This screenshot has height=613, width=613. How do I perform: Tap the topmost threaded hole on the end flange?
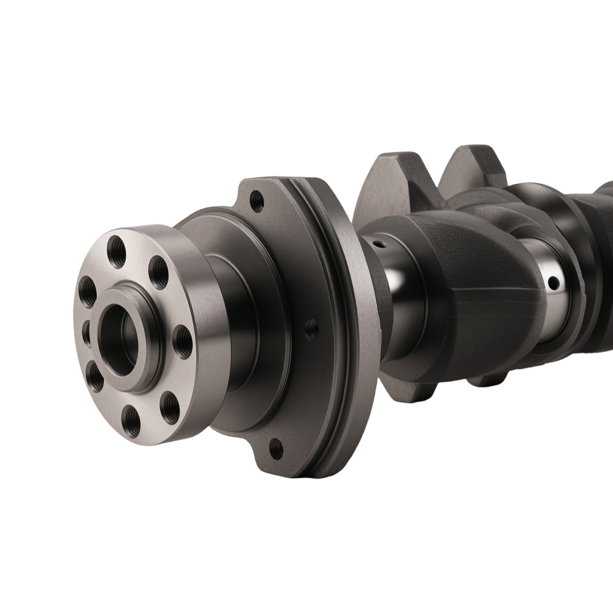pyautogui.click(x=116, y=248)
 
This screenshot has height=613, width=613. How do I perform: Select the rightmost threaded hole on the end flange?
pyautogui.click(x=183, y=342)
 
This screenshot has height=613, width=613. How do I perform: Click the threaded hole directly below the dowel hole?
pyautogui.click(x=95, y=377)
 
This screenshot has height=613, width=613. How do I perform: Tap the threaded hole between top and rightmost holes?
pyautogui.click(x=159, y=272)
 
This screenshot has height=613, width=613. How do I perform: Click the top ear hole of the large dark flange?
pyautogui.click(x=257, y=200)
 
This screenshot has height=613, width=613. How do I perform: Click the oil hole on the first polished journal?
pyautogui.click(x=380, y=244)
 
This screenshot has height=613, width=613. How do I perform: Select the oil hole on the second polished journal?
pyautogui.click(x=553, y=283)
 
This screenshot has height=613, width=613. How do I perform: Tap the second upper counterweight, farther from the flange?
pyautogui.click(x=472, y=166)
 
